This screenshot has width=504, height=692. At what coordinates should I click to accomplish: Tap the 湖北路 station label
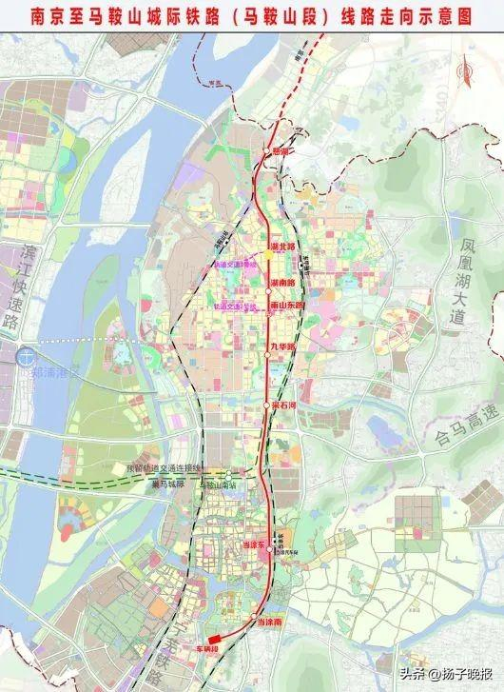[282, 246]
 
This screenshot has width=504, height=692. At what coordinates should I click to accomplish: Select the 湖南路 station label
[282, 284]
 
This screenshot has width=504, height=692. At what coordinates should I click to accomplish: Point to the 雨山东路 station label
[287, 306]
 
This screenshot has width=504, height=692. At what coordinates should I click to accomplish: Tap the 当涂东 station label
[246, 544]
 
